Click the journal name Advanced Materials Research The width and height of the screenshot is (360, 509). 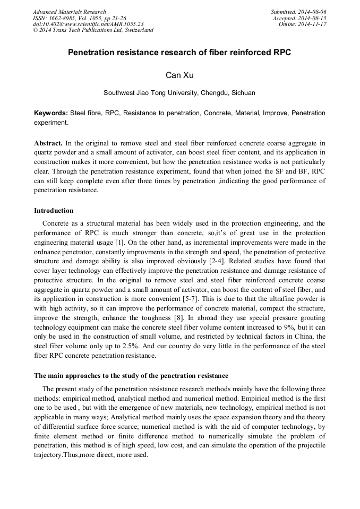coord(69,12)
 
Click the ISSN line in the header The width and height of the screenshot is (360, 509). coord(80,18)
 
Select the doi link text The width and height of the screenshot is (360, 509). coord(88,24)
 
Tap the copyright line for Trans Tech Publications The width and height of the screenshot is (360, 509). coord(93,30)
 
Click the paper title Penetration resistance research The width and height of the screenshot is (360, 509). coord(179,53)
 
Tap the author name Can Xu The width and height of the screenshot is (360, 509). coord(179,75)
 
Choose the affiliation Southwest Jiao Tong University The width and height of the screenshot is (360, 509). coord(179,93)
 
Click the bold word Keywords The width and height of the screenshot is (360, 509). coord(50,113)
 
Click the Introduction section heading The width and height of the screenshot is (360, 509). coord(54,211)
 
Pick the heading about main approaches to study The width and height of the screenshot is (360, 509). coord(131,376)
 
